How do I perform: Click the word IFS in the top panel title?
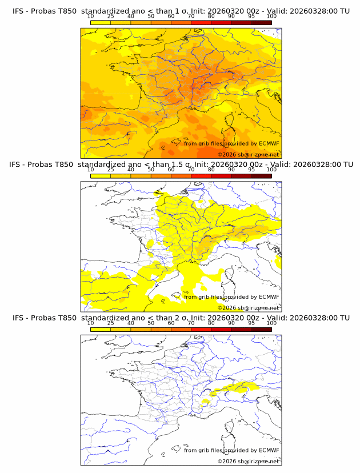(x=18, y=11)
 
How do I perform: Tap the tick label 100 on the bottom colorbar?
(x=271, y=323)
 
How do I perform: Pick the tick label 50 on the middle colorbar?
(x=151, y=170)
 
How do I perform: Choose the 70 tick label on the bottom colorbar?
(x=191, y=323)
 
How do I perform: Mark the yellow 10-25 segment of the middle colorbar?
(x=101, y=175)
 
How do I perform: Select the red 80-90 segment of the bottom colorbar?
(x=221, y=328)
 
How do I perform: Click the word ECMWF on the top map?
(x=269, y=143)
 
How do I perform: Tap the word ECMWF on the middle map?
(x=269, y=296)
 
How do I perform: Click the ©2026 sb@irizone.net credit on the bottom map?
(x=248, y=461)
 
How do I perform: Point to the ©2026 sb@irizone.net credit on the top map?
(x=248, y=155)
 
